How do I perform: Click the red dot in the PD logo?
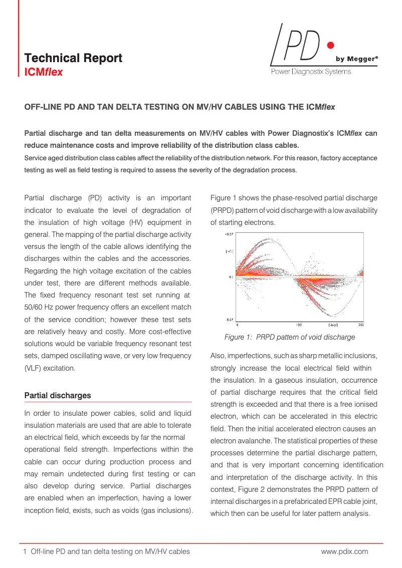click(x=329, y=46)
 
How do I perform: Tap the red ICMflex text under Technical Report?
click(x=44, y=72)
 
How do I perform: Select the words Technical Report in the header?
click(x=73, y=58)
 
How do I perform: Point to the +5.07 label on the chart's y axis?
click(x=229, y=234)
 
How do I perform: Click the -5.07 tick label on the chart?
click(x=229, y=319)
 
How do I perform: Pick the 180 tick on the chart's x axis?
click(x=299, y=325)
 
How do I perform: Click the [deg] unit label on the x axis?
click(x=333, y=325)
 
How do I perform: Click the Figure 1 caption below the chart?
click(x=289, y=337)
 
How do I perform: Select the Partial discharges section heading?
click(x=58, y=396)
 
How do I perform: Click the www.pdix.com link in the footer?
click(x=344, y=551)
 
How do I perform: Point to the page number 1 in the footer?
click(x=25, y=551)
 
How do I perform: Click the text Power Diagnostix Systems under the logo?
click(x=311, y=72)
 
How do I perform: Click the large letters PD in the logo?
click(x=301, y=45)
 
